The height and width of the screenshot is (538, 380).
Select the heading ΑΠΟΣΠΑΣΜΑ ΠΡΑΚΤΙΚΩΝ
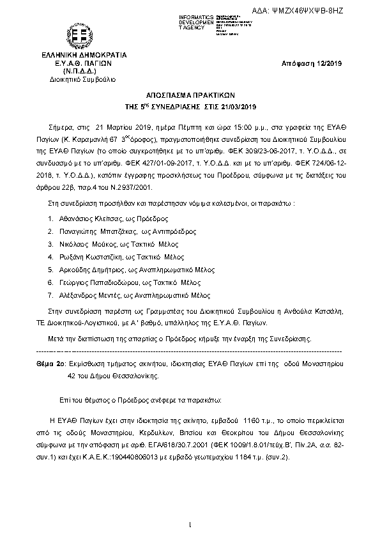(190, 93)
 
